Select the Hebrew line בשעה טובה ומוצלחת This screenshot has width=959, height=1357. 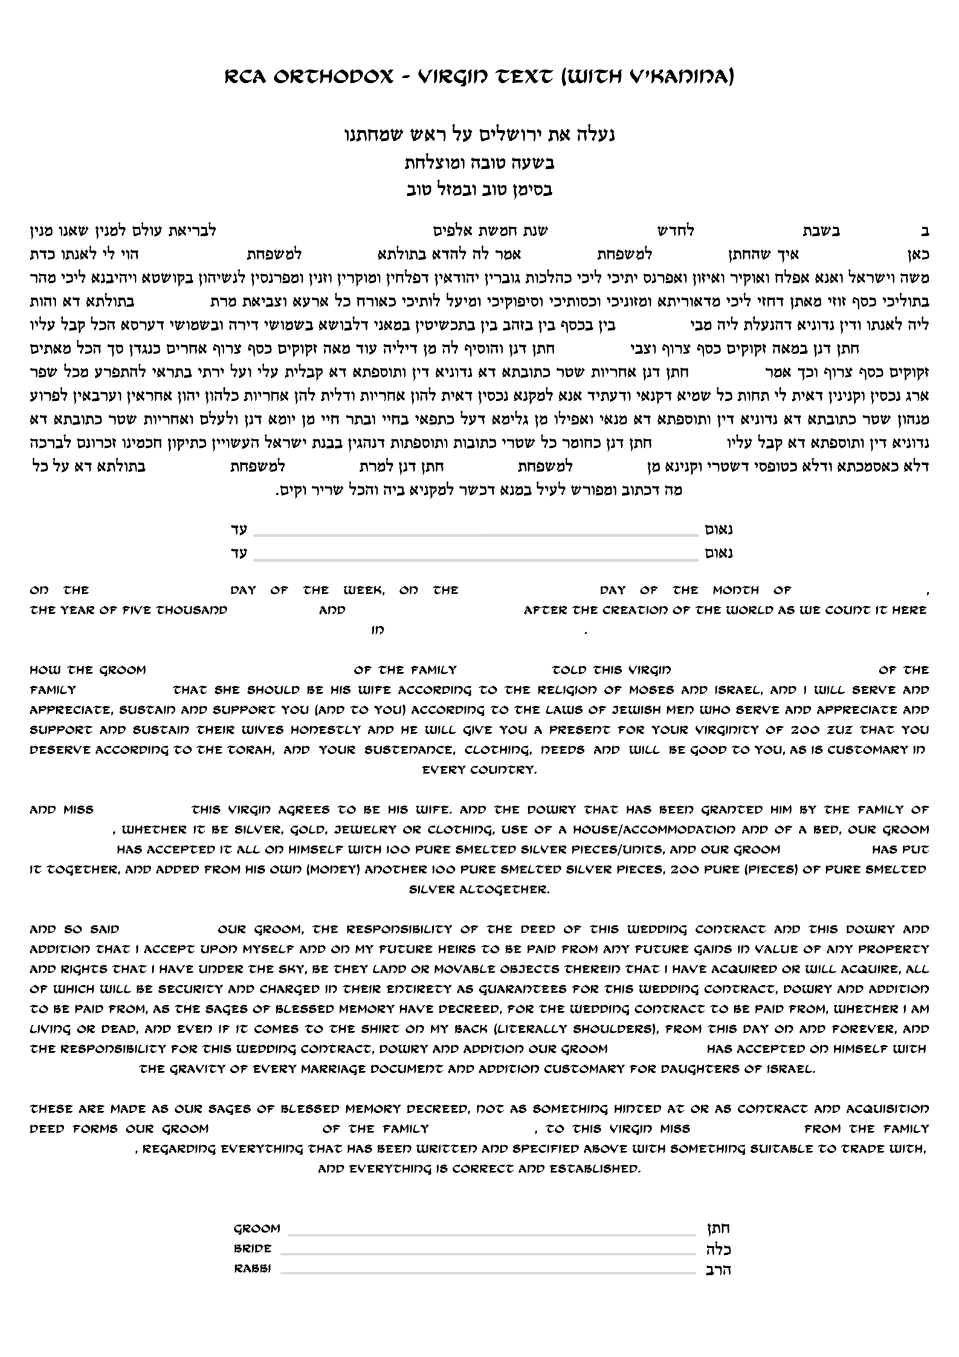coord(479,163)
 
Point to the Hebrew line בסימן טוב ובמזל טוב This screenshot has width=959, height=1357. coord(479,190)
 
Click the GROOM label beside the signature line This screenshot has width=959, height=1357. coord(257,1228)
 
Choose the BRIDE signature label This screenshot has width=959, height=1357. coord(253,1248)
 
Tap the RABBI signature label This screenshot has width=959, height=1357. coord(253,1268)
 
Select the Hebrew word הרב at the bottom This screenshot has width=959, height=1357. coord(718,1269)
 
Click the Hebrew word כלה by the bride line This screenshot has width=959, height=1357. coord(718,1249)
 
